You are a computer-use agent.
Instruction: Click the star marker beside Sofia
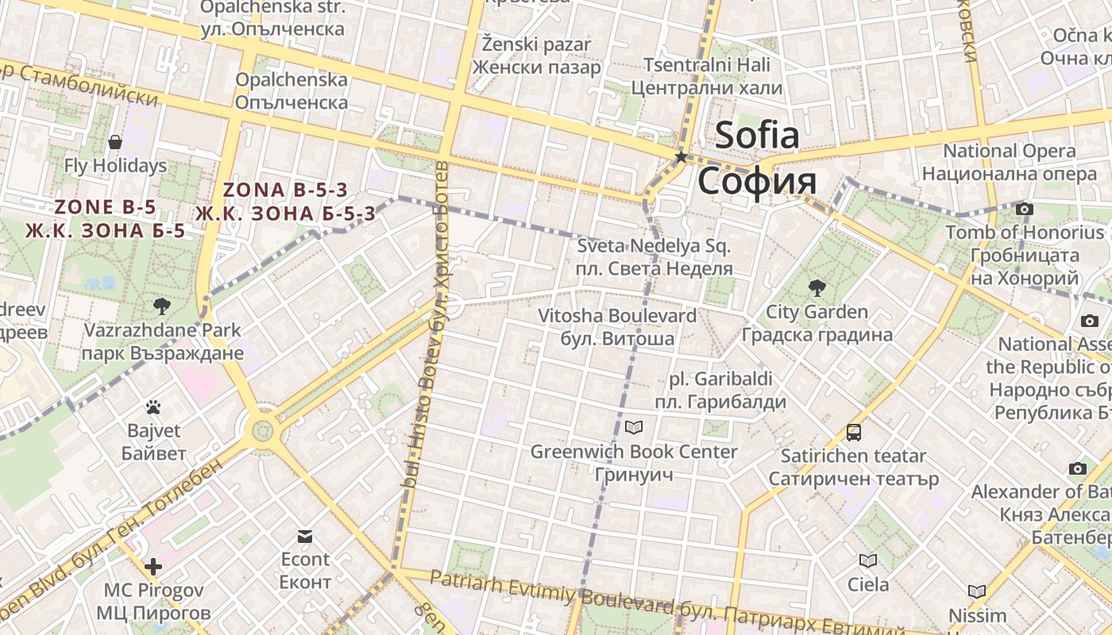681,157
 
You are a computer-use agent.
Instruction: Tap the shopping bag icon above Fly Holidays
115,142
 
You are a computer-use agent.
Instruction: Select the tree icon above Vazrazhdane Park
162,306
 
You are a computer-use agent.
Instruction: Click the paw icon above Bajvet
153,408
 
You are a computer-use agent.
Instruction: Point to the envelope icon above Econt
305,536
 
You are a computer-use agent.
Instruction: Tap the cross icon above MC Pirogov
153,567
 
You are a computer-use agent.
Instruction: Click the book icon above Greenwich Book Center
633,428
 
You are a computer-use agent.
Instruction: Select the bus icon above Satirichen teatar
854,433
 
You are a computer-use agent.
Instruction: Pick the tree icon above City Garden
816,287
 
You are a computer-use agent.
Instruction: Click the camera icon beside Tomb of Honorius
1025,209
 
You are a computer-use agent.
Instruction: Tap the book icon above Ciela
868,561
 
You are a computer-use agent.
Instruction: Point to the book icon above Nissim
977,591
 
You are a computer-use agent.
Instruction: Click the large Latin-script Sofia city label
757,135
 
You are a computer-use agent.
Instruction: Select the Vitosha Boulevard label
617,315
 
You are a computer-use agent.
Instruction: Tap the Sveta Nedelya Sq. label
654,245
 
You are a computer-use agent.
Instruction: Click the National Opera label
1010,151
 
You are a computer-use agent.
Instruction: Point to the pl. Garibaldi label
720,379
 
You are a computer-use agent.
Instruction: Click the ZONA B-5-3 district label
286,190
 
